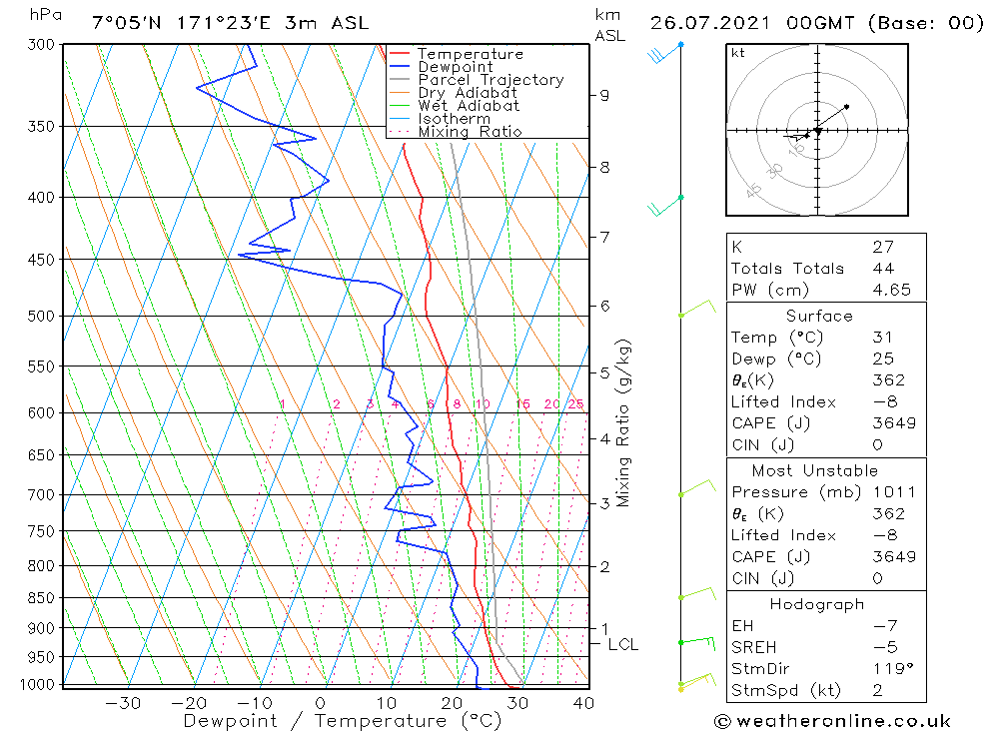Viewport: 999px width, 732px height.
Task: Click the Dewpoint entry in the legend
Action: (x=455, y=67)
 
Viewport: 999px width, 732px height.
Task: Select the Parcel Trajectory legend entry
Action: (x=491, y=80)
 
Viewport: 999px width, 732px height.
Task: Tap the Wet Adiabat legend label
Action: (x=469, y=106)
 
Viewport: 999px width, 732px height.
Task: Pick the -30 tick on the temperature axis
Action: (x=123, y=703)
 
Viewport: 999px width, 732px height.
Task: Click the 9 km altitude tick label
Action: (x=604, y=95)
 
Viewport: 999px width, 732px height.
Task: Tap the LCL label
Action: (x=622, y=645)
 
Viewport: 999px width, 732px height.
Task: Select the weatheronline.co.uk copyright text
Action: (x=832, y=721)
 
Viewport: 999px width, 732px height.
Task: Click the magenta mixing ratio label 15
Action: (x=522, y=404)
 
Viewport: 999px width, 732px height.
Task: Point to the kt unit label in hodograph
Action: (x=737, y=53)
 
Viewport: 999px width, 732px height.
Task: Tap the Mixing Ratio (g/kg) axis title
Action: (x=624, y=422)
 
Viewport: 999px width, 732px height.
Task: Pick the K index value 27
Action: (x=882, y=247)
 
